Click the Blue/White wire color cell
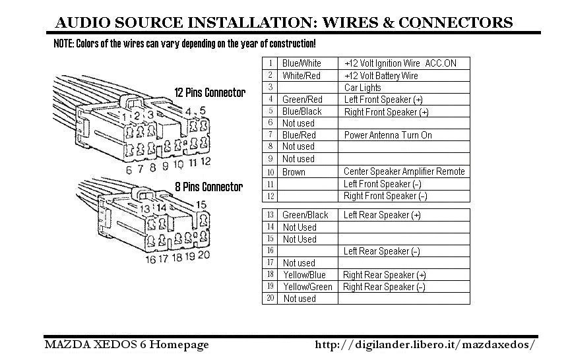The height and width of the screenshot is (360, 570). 307,63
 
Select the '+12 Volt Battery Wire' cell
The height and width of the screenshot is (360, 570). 404,76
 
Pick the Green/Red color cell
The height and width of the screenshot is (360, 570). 307,100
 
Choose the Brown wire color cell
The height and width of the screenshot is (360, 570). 307,171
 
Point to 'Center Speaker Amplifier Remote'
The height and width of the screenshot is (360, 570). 404,171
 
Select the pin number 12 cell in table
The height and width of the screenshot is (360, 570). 270,196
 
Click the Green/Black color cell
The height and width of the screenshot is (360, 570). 307,215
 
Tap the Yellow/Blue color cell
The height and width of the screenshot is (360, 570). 307,275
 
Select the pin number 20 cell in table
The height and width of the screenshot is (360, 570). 270,298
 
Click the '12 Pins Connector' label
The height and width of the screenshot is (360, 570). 210,92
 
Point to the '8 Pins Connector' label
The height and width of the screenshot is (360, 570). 208,187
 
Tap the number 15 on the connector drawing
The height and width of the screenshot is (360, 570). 201,205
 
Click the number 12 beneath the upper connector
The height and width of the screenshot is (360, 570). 205,162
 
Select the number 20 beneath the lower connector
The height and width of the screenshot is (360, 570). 204,255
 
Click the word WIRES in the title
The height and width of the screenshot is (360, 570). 350,22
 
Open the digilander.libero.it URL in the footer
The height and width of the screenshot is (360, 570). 425,344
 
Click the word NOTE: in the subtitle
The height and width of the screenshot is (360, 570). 64,44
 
